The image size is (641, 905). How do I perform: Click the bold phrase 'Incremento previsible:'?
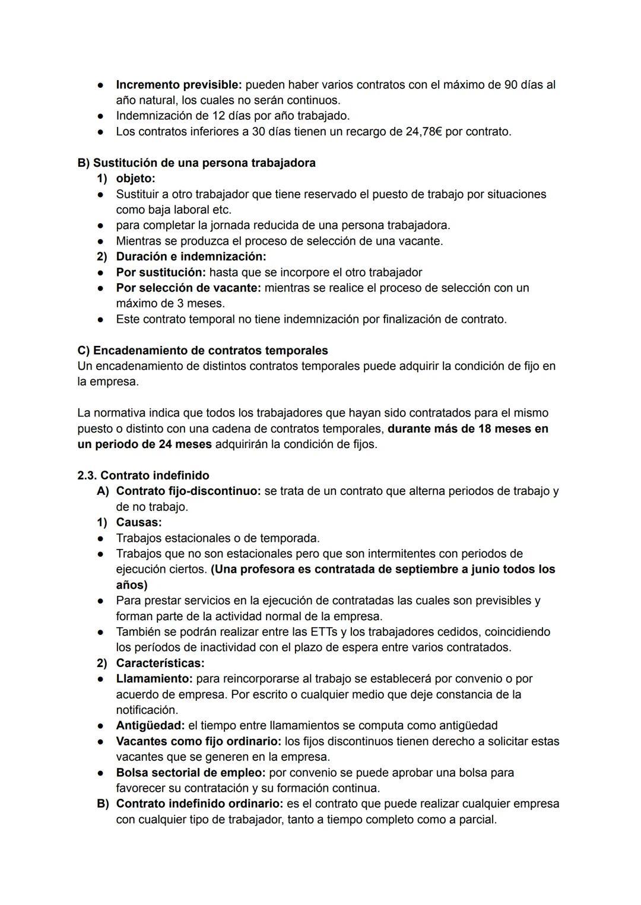pyautogui.click(x=179, y=85)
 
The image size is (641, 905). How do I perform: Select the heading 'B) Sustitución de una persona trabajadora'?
pyautogui.click(x=196, y=163)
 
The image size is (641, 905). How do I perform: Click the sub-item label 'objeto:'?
pyautogui.click(x=135, y=179)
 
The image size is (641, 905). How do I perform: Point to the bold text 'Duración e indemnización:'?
pyautogui.click(x=191, y=256)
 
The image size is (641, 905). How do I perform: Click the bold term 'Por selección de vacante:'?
pyautogui.click(x=188, y=288)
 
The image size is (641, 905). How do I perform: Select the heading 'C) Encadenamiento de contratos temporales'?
pyautogui.click(x=202, y=350)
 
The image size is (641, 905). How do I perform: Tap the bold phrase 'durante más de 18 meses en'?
pyautogui.click(x=468, y=428)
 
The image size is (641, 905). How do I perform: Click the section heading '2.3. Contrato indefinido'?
pyautogui.click(x=143, y=475)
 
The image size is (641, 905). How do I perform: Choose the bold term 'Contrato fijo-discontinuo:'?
pyautogui.click(x=188, y=491)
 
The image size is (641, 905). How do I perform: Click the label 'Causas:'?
pyautogui.click(x=138, y=522)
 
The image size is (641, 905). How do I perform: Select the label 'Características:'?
pyautogui.click(x=160, y=663)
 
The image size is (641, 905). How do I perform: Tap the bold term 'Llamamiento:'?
pyautogui.click(x=154, y=678)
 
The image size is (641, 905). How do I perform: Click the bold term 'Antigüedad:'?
pyautogui.click(x=150, y=725)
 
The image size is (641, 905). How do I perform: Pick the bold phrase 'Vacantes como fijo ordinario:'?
pyautogui.click(x=198, y=741)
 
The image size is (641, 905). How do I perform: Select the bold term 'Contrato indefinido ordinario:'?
pyautogui.click(x=199, y=804)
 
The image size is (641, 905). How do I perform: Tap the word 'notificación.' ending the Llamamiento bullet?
pyautogui.click(x=147, y=710)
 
